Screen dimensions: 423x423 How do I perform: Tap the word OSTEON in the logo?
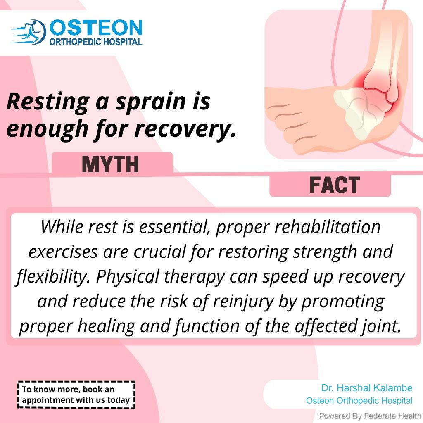tap(96, 28)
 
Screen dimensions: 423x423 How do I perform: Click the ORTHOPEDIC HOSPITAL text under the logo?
tap(96, 42)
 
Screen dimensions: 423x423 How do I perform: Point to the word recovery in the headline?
tap(185, 129)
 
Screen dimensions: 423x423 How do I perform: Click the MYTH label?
tap(110, 164)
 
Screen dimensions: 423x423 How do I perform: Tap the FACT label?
tap(335, 185)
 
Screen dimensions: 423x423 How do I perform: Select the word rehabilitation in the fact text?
tap(328, 227)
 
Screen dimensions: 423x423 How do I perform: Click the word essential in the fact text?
tap(175, 227)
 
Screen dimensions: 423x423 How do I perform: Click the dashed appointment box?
tap(76, 394)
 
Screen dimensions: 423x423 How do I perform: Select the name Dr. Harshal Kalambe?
tap(367, 388)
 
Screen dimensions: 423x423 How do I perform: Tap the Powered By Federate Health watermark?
tap(370, 416)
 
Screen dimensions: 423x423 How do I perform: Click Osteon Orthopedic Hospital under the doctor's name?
tap(359, 401)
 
